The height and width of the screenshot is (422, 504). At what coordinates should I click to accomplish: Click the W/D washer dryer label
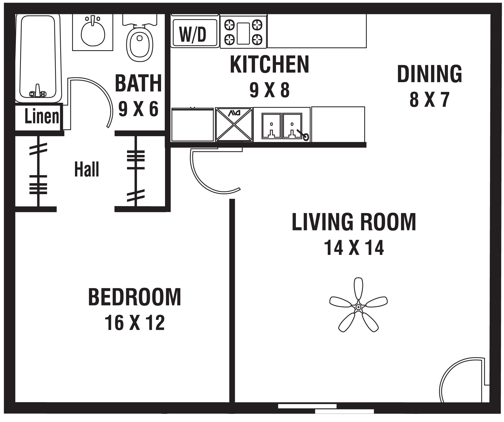[x=193, y=34]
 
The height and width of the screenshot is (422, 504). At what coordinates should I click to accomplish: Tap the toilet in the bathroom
[x=140, y=38]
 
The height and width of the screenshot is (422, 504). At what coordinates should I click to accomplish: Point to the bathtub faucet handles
[x=38, y=92]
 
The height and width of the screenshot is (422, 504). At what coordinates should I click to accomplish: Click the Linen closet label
[x=42, y=116]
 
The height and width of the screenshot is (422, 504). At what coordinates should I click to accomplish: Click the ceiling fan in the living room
[x=358, y=305]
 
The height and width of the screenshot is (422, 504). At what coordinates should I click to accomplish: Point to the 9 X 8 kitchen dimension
[x=270, y=90]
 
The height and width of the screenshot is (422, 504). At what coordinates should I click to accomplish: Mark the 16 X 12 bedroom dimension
[x=135, y=323]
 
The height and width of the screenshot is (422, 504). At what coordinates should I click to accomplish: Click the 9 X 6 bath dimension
[x=138, y=109]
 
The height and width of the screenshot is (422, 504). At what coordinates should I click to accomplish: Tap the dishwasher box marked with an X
[x=234, y=124]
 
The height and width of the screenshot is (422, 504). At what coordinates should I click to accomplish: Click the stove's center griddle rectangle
[x=243, y=33]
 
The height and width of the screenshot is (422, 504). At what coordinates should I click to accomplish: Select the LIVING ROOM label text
[x=354, y=222]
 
